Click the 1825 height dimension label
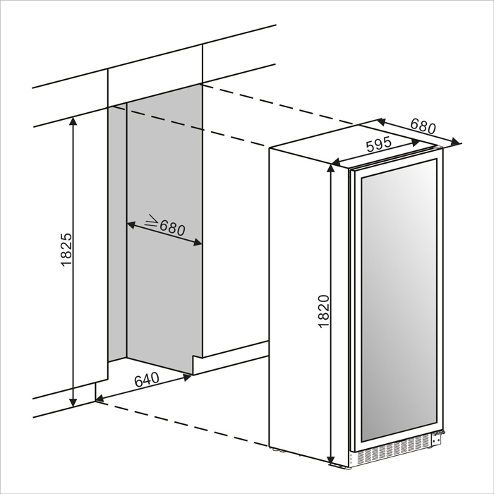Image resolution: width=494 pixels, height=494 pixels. pyautogui.click(x=67, y=250)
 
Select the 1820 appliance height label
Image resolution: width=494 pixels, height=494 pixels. pyautogui.click(x=323, y=312)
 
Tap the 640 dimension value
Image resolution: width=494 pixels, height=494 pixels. pyautogui.click(x=147, y=380)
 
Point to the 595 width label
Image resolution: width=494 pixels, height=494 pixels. pyautogui.click(x=379, y=145)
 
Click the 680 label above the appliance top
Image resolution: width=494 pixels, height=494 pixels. pyautogui.click(x=423, y=126)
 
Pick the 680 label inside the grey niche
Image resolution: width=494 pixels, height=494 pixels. pyautogui.click(x=172, y=227)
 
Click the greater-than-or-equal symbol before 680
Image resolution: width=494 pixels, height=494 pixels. pyautogui.click(x=151, y=221)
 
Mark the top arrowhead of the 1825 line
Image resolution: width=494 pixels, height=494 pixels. pyautogui.click(x=73, y=121)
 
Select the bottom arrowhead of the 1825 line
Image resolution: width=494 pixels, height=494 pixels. pyautogui.click(x=73, y=402)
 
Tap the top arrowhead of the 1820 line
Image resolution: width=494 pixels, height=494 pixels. pyautogui.click(x=330, y=169)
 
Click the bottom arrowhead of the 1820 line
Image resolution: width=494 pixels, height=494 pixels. pyautogui.click(x=330, y=460)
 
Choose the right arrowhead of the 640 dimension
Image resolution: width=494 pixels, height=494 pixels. pyautogui.click(x=188, y=377)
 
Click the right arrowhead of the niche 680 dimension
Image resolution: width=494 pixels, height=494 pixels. pyautogui.click(x=197, y=243)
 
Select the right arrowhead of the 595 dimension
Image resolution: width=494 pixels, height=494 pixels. pyautogui.click(x=416, y=143)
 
